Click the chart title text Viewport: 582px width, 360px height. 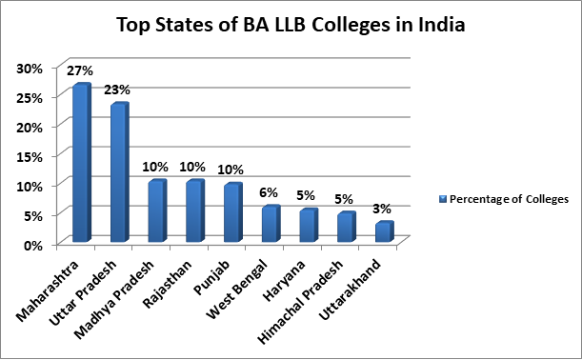[291, 25]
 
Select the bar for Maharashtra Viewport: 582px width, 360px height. [81, 163]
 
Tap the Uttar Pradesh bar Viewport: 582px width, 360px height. [118, 172]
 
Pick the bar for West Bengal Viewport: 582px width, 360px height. [270, 224]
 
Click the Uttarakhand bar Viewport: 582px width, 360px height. [383, 231]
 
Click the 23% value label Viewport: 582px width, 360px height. [118, 90]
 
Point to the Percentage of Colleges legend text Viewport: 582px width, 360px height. [510, 199]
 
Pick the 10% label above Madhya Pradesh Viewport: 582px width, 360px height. [156, 167]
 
